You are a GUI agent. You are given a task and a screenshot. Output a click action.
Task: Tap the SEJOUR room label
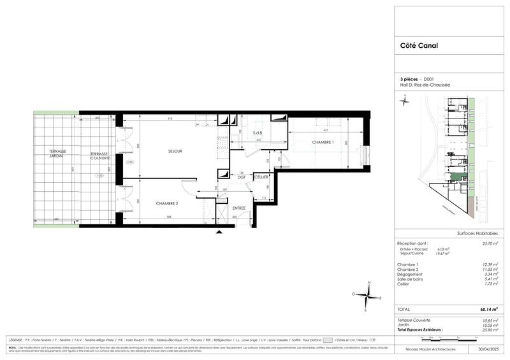click(x=175, y=151)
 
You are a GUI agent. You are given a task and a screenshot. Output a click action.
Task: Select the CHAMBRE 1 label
click(x=323, y=142)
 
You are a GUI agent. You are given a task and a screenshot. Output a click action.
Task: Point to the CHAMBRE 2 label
click(x=168, y=203)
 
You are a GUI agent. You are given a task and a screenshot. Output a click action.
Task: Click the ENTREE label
click(x=239, y=208)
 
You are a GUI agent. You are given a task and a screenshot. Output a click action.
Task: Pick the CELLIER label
click(x=261, y=177)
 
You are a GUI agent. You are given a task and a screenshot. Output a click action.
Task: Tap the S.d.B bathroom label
click(x=258, y=133)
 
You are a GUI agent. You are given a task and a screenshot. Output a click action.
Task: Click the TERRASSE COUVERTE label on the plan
click(x=99, y=155)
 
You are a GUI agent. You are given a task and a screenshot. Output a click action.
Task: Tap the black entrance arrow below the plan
click(x=219, y=233)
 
